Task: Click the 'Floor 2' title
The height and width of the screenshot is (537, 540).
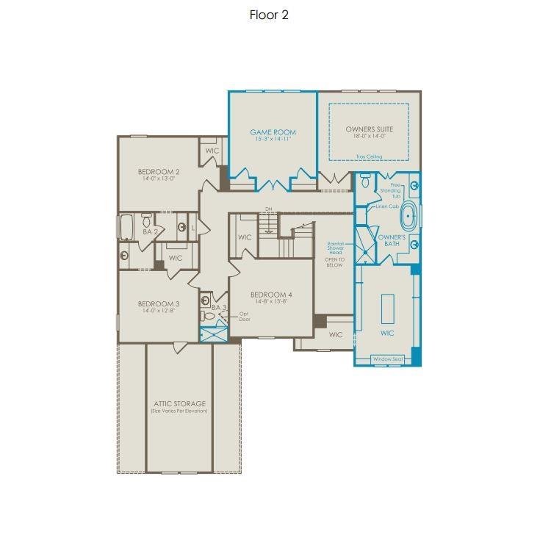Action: [269, 15]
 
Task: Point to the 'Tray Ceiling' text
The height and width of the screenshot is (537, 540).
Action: [370, 156]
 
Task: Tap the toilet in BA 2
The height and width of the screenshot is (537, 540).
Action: [146, 220]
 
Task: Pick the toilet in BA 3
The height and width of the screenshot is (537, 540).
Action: [209, 316]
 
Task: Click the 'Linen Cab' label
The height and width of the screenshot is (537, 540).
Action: [386, 206]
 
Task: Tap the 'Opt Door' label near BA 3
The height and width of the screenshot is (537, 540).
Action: [244, 317]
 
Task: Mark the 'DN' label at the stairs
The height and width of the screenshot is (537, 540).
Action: [269, 208]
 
